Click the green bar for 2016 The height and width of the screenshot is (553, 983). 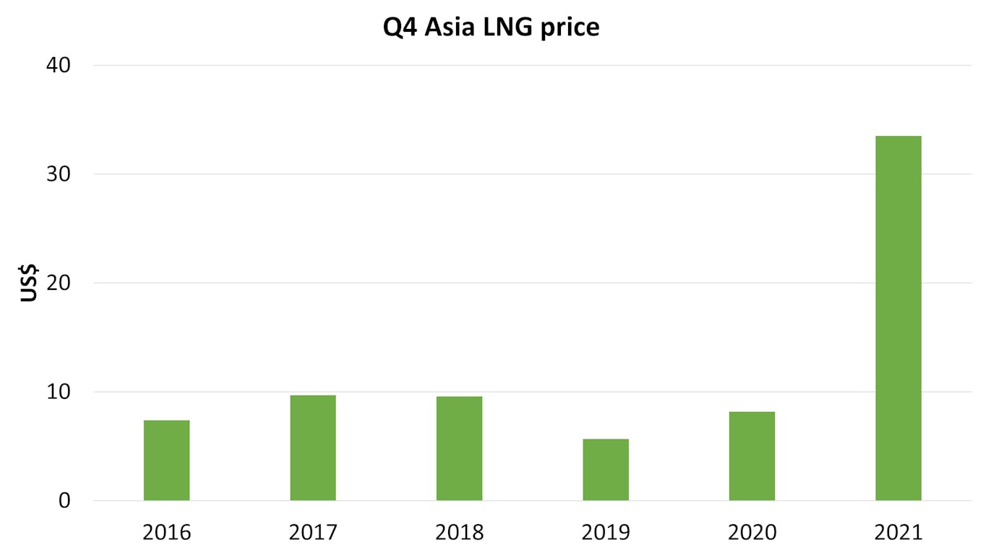[x=166, y=460]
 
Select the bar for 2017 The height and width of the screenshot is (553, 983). [x=313, y=448]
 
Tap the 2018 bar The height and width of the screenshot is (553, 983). [x=459, y=448]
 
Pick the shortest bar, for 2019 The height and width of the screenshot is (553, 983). [x=606, y=470]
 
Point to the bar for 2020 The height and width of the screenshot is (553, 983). [x=752, y=456]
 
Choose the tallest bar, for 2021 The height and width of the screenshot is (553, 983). [x=898, y=318]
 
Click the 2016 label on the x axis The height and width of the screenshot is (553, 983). [x=166, y=533]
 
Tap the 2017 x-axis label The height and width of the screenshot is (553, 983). [x=313, y=533]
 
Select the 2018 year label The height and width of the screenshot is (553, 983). [x=459, y=533]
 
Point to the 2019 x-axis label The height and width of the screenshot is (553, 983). [x=606, y=533]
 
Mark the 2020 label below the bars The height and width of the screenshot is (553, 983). [x=752, y=533]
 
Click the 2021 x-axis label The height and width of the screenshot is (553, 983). [x=898, y=533]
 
